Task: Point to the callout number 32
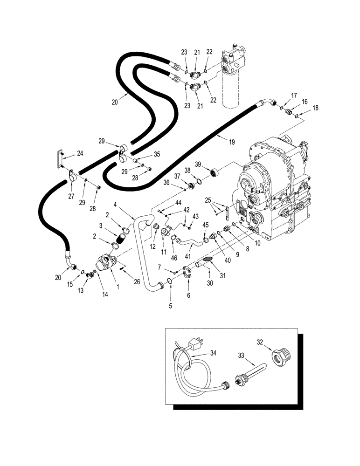260,343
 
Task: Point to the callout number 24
80,152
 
